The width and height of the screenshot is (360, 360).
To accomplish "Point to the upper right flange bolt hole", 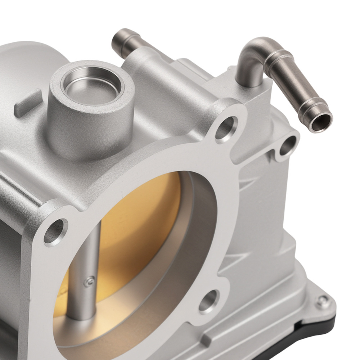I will tap(226, 128).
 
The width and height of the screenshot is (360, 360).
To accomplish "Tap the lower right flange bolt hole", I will tap(209, 300).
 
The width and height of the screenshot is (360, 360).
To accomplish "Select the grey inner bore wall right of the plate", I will tap(202, 230).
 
